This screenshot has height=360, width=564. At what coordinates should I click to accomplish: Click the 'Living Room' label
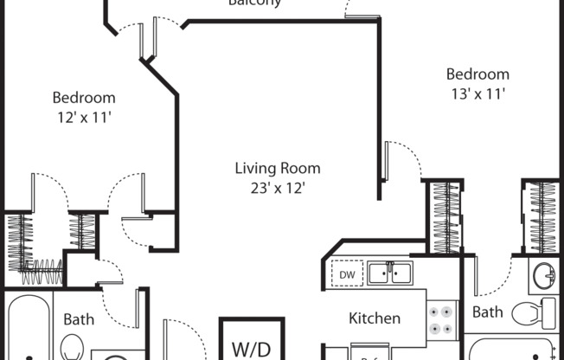(278, 168)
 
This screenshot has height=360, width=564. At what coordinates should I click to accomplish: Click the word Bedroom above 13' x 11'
(477, 74)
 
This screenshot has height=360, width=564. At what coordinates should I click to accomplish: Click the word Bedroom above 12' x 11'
(83, 98)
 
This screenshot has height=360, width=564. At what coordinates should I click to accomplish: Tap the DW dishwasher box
(348, 274)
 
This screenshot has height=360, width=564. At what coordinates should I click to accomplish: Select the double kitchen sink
(389, 273)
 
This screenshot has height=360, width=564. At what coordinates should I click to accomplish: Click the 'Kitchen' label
(374, 318)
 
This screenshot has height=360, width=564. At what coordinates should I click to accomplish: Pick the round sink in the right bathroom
(543, 276)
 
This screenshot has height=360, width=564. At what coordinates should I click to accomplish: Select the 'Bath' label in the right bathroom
(487, 312)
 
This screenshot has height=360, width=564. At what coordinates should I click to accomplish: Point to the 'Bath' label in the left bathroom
(79, 319)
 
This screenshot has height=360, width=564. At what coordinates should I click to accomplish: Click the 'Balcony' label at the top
(254, 3)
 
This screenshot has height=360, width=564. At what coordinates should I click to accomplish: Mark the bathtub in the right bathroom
(510, 350)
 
